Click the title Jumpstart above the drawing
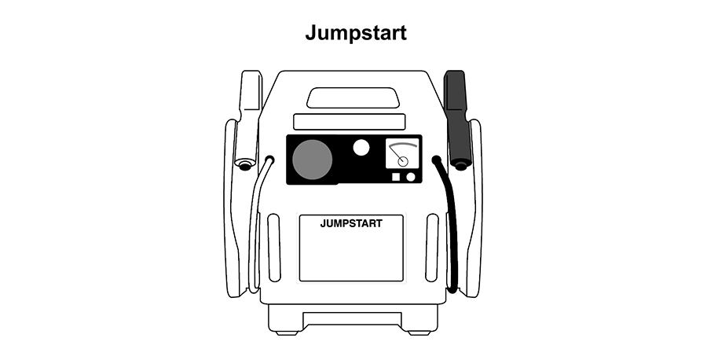pyautogui.click(x=356, y=33)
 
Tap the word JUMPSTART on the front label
pyautogui.click(x=351, y=224)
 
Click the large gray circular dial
pyautogui.click(x=313, y=160)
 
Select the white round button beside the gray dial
pyautogui.click(x=361, y=148)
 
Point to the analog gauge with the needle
pyautogui.click(x=402, y=153)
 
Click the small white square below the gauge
pyautogui.click(x=395, y=177)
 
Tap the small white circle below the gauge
pyautogui.click(x=410, y=177)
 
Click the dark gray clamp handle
pyautogui.click(x=456, y=118)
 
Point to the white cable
pyautogui.click(x=254, y=226)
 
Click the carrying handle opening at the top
pyautogui.click(x=352, y=98)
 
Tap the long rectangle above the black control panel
pyautogui.click(x=350, y=122)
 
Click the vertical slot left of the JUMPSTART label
pyautogui.click(x=273, y=248)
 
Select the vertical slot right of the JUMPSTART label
pyautogui.click(x=431, y=248)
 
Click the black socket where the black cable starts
pyautogui.click(x=436, y=160)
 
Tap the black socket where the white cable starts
pyautogui.click(x=269, y=160)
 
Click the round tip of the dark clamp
pyautogui.click(x=460, y=167)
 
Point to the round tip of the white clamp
pyautogui.click(x=245, y=167)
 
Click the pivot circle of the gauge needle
pyautogui.click(x=403, y=162)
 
